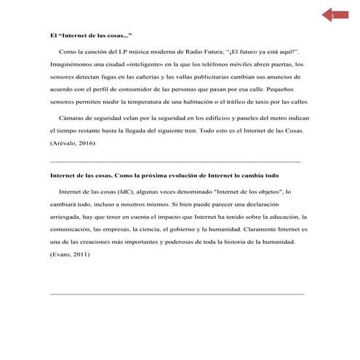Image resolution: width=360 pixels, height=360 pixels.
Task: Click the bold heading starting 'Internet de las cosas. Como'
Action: [175, 176]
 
